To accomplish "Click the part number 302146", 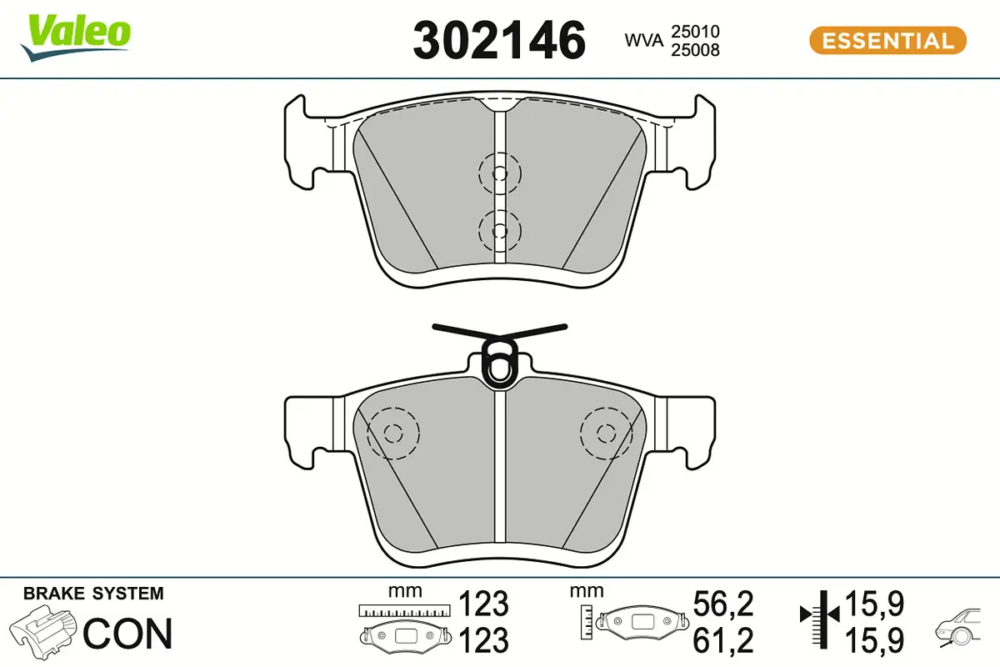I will (x=499, y=40).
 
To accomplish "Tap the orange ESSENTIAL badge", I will (x=887, y=41).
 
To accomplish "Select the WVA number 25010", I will (x=695, y=32).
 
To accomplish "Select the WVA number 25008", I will (x=695, y=50).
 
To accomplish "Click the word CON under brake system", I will (x=127, y=634).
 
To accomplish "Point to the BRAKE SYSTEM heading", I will (x=93, y=594).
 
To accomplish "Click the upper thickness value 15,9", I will (x=874, y=603).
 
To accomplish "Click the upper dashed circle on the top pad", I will (x=499, y=173).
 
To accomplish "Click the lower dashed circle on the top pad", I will (x=499, y=229).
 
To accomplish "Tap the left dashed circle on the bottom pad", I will (x=393, y=433).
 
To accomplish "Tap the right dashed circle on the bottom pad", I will (x=606, y=433).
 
